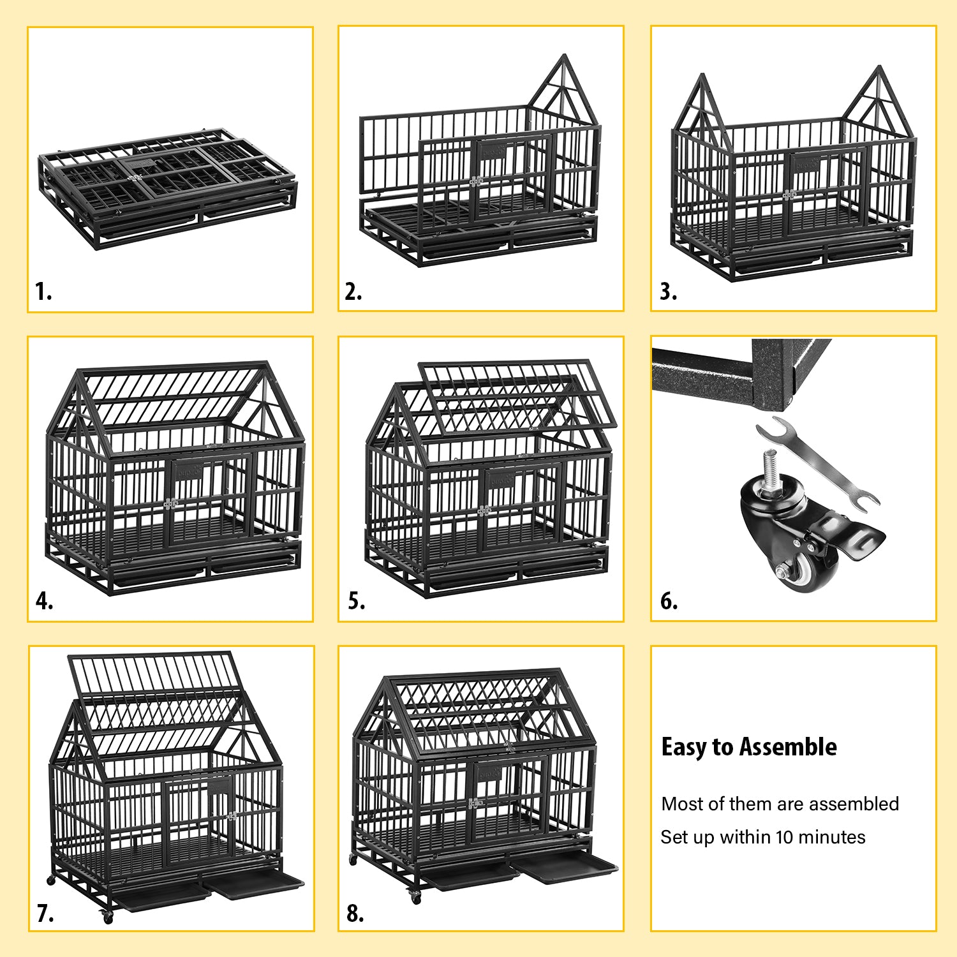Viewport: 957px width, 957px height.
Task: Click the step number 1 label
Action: coord(43,292)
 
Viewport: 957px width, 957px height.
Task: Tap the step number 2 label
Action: coord(353,292)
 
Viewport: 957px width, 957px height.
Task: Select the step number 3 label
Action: coord(668,292)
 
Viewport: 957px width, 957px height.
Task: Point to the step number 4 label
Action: coord(44,601)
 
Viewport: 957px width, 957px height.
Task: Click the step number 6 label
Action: coord(669,601)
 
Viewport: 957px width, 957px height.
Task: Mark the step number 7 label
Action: coord(45,914)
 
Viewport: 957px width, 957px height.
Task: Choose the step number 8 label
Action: coord(355,914)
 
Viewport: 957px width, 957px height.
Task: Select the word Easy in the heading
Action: coord(684,747)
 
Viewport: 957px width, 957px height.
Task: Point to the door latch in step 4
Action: coord(170,504)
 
